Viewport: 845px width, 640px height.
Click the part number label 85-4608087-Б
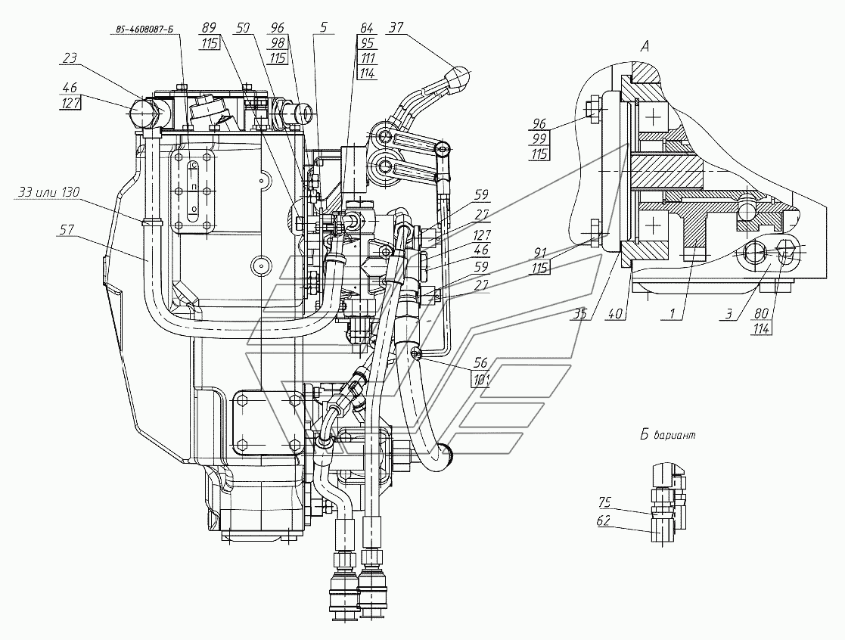click(x=144, y=30)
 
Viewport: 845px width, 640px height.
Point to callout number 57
click(x=67, y=231)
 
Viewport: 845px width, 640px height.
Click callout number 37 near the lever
click(x=396, y=27)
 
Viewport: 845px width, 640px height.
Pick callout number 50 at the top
click(x=243, y=27)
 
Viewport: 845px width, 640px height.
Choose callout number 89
click(x=209, y=27)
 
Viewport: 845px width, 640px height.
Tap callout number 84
click(x=366, y=27)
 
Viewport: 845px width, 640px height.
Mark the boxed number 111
click(x=368, y=57)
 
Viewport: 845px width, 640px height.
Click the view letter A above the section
click(x=645, y=47)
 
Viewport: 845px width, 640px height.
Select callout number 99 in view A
click(x=539, y=139)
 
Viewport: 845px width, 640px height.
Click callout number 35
click(x=579, y=313)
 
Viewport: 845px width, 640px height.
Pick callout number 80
click(x=761, y=313)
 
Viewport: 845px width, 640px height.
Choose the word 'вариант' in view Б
click(x=674, y=435)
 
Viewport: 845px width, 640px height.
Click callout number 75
click(x=604, y=502)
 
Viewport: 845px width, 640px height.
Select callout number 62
click(x=604, y=521)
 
